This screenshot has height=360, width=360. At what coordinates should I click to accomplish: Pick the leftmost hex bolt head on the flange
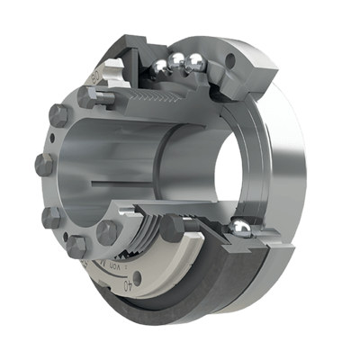(x=44, y=166)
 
